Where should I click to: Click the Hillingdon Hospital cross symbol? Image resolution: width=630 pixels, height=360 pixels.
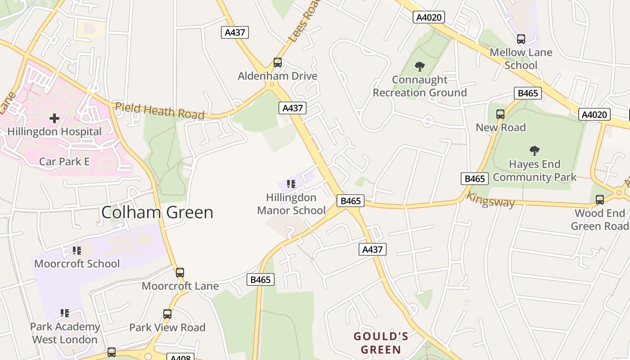click(54, 118)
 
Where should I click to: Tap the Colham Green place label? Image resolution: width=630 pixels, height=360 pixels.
click(157, 212)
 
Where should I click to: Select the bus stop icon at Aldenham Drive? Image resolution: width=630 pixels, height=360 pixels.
click(278, 63)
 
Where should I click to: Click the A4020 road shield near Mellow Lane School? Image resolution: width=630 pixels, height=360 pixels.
click(429, 18)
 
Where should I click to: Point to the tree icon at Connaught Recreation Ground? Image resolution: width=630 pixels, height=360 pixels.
click(420, 67)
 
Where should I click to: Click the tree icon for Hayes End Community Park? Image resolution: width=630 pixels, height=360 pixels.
click(535, 150)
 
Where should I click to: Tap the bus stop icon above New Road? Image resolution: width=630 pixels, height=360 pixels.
click(500, 114)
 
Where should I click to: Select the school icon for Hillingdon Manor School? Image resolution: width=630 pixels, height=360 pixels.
click(291, 184)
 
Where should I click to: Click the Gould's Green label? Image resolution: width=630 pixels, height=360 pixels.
click(381, 343)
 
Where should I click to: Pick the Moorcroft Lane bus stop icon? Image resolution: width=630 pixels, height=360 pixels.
click(180, 272)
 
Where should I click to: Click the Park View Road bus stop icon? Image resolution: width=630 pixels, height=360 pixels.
click(167, 314)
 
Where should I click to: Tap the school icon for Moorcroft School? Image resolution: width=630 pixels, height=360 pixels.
click(77, 250)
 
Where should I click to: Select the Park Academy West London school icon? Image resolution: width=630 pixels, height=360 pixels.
click(65, 313)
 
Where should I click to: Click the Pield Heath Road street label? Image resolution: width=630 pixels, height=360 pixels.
click(160, 111)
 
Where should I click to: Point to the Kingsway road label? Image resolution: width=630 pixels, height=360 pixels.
click(490, 199)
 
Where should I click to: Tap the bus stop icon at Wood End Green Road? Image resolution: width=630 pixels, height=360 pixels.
click(600, 199)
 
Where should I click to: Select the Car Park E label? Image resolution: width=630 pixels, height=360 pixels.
click(64, 162)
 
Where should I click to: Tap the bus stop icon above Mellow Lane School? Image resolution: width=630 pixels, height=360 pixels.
click(521, 39)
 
